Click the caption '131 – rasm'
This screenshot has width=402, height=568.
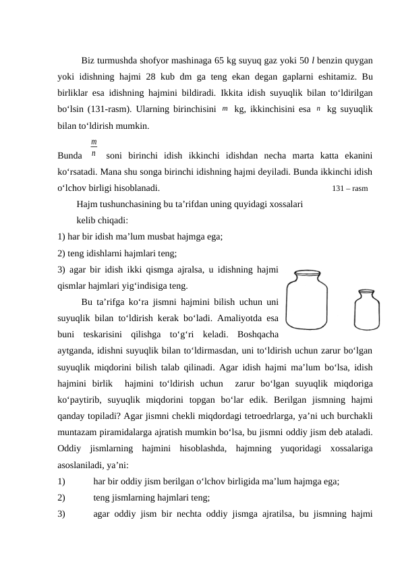[x=350, y=188]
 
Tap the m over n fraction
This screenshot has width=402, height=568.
[x=94, y=148]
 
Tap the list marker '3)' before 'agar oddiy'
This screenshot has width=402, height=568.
[x=61, y=513]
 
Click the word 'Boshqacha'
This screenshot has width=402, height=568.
[x=256, y=334]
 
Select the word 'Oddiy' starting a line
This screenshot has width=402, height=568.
[x=69, y=449]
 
